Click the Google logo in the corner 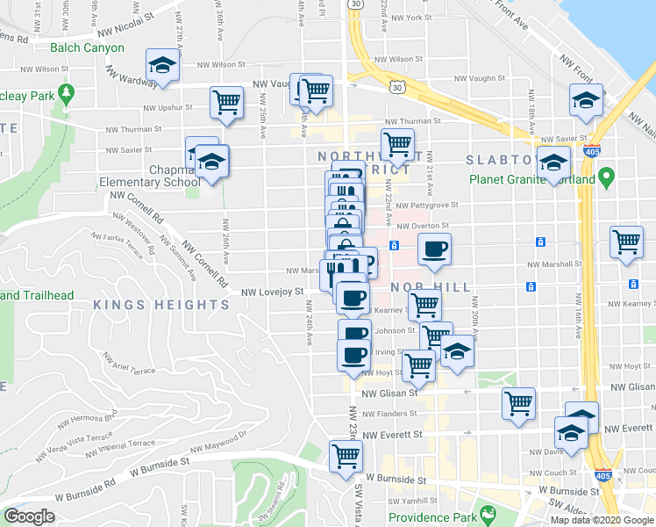[30, 516]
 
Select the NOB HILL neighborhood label [424, 287]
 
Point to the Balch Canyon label [87, 47]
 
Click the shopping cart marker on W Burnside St [346, 456]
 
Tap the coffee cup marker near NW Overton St [434, 249]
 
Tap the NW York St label [412, 18]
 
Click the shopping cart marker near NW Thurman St [397, 143]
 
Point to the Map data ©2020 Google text [601, 520]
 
